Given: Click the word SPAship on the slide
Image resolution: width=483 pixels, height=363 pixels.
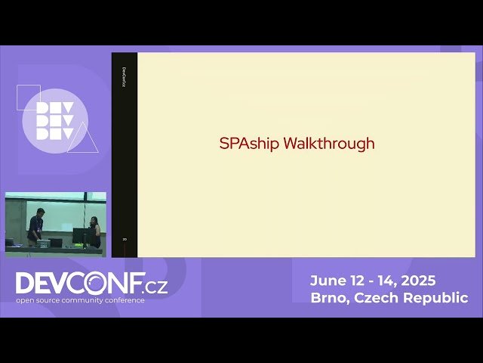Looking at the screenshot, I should (249, 144).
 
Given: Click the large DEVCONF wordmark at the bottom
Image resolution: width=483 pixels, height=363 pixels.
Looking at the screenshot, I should (79, 284).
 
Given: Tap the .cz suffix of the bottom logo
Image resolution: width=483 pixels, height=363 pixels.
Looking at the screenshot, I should (156, 285).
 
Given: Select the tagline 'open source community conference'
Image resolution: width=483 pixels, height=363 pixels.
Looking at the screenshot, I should (80, 300).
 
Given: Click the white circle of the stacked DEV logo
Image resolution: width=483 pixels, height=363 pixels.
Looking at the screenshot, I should (54, 121).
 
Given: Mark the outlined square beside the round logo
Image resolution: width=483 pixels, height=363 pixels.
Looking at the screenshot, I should (29, 97).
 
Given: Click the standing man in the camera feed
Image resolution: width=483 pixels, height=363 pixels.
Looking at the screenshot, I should (35, 226).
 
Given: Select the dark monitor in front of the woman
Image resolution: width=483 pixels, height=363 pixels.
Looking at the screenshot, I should (82, 235).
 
